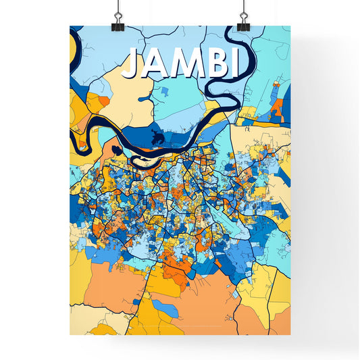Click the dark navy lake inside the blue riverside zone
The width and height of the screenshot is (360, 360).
tap(159, 138)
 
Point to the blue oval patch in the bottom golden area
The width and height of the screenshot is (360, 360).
tap(164, 310)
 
